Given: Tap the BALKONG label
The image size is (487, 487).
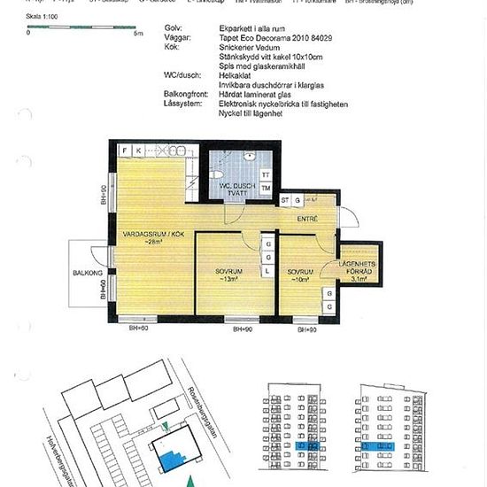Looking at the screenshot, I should pos(88,274).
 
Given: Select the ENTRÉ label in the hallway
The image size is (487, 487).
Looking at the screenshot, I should pos(306,218).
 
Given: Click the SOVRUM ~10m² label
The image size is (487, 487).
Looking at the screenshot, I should pos(300,275).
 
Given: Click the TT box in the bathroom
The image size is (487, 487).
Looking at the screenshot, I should pos(266,175).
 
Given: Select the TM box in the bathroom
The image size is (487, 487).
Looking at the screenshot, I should pos(266,188).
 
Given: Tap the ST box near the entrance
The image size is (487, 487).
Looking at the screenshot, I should pos(286,201).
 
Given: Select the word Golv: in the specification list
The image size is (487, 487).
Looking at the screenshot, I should pos(174,28).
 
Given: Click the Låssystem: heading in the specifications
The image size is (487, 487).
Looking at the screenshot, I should pos(182,104).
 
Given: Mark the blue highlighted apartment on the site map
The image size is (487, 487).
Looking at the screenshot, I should pos(168,458).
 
